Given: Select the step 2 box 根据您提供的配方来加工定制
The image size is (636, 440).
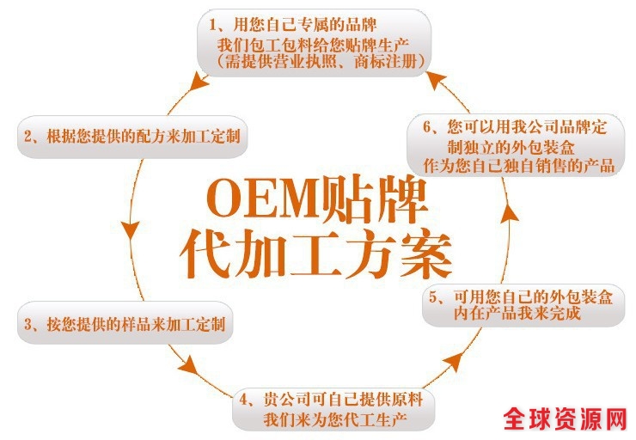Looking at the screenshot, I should click(x=131, y=136).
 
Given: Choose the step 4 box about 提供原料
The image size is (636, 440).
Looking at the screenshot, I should click(x=333, y=409).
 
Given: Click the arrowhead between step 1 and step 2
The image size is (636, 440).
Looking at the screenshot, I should click(x=199, y=82).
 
